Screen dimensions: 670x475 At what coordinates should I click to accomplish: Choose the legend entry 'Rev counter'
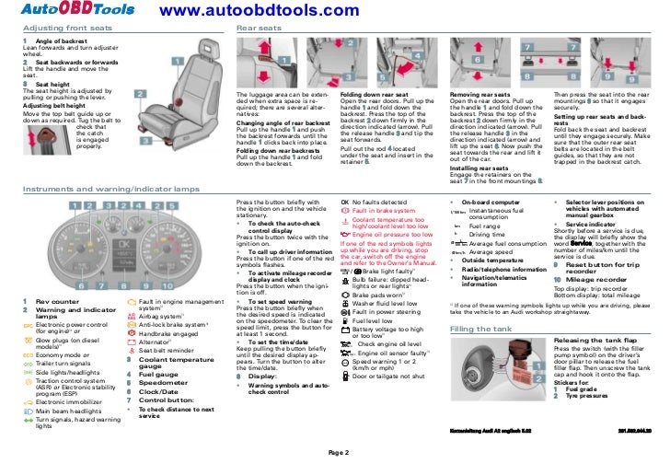point(55,301)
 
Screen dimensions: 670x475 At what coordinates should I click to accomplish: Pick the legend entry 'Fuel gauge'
point(157,375)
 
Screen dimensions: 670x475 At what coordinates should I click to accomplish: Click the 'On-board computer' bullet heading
point(489,201)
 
